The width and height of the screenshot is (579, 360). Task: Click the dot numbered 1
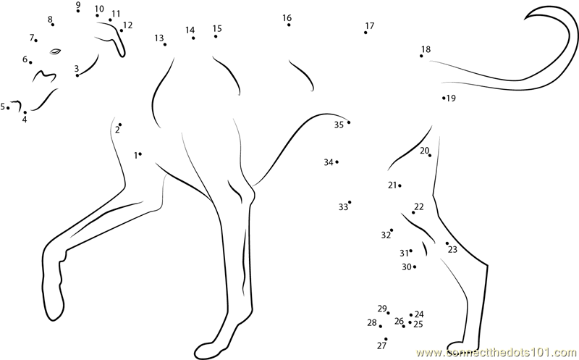pos(140,154)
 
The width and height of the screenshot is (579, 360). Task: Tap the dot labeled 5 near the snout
pos(8,109)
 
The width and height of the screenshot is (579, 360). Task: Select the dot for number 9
pos(78,11)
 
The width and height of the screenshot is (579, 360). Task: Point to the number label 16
pos(287,17)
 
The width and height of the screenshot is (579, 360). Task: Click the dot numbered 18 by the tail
pos(421,56)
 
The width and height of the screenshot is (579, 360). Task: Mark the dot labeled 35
pos(349,122)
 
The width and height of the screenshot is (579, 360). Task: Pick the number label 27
pos(381,346)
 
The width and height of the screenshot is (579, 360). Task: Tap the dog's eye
pos(56,51)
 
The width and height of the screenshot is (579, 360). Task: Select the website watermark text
pos(497,352)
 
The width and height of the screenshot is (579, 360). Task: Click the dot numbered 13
pos(165,44)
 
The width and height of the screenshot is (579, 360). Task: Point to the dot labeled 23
pos(447,243)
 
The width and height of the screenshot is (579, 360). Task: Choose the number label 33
pos(343,207)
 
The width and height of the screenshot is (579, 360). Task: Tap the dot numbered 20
pos(430,155)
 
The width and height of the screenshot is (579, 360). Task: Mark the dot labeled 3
pos(77,75)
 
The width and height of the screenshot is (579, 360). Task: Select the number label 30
pos(407,267)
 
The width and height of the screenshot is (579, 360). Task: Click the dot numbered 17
pos(365,33)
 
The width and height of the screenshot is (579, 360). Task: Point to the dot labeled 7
pos(35,41)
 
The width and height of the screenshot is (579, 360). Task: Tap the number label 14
pos(190,30)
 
